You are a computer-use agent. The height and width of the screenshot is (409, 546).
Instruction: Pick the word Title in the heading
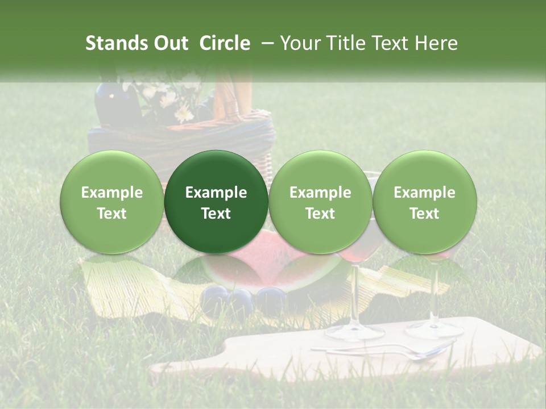349,43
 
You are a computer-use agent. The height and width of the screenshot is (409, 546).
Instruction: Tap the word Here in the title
437,43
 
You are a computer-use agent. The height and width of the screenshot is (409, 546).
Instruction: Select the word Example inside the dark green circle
216,193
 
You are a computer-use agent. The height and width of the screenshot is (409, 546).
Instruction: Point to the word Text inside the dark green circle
216,214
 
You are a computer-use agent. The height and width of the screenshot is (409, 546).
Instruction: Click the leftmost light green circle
112,202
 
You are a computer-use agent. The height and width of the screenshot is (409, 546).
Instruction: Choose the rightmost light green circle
425,202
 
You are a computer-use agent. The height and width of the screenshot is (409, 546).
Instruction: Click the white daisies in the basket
171,99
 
